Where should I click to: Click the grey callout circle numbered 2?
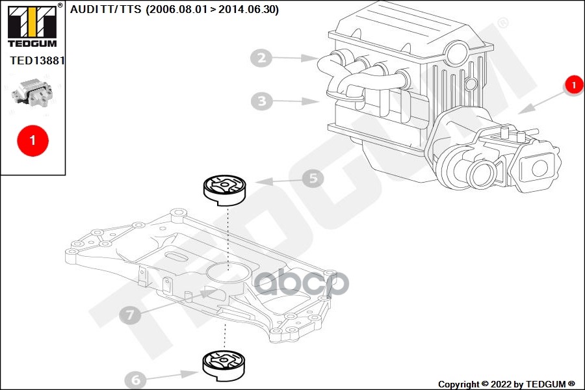coord(261,58)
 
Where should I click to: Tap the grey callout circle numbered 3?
coord(261,101)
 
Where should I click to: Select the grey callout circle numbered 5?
coord(313,178)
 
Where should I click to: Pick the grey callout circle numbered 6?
coord(136,379)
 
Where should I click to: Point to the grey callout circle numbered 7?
coord(130,315)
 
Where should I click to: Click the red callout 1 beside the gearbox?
coord(573,84)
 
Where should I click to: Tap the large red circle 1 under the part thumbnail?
coord(32,139)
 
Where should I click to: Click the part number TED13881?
coord(37,60)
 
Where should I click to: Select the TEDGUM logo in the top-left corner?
coord(32,25)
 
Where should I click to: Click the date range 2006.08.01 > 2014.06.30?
coord(212,10)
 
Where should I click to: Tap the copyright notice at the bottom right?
coord(506,383)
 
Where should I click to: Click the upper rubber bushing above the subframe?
coord(224,189)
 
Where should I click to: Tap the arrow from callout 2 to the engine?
coord(296,58)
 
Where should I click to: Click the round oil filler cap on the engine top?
coord(458,51)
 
